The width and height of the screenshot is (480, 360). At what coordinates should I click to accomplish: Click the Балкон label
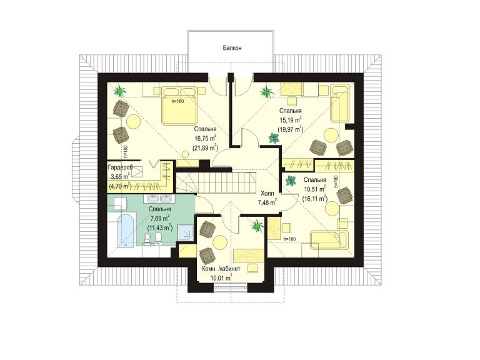click(232, 48)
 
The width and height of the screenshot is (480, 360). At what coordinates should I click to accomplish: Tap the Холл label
click(267, 194)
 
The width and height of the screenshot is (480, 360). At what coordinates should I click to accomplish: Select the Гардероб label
click(120, 167)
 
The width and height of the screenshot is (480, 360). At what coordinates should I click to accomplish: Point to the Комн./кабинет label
click(221, 269)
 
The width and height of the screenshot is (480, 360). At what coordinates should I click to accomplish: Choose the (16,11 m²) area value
click(315, 198)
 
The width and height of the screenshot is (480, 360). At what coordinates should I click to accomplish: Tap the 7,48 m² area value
click(267, 202)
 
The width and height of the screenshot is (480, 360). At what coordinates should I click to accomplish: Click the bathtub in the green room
click(126, 231)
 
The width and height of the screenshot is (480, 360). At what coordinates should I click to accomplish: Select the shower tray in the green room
click(186, 233)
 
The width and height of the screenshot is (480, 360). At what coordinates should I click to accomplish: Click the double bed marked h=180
click(179, 106)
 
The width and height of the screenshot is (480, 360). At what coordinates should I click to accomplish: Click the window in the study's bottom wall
click(230, 287)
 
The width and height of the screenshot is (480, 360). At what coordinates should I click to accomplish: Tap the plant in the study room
click(257, 226)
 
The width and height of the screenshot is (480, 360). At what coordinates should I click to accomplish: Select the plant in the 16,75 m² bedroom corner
click(119, 91)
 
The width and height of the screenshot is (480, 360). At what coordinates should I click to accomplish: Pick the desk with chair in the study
click(249, 259)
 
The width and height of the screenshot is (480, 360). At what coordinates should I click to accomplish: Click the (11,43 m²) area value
click(160, 227)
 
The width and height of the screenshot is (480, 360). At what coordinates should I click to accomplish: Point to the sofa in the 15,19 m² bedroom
click(340, 104)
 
